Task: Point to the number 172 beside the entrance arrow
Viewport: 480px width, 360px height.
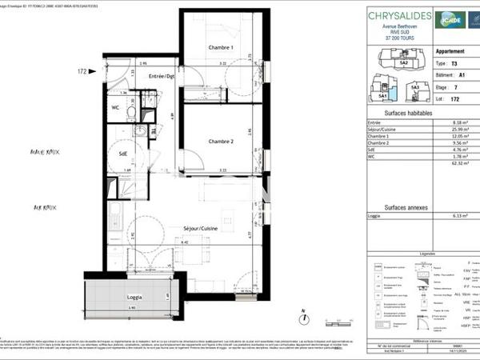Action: [82, 72]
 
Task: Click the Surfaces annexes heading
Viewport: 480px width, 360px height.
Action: [407, 206]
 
